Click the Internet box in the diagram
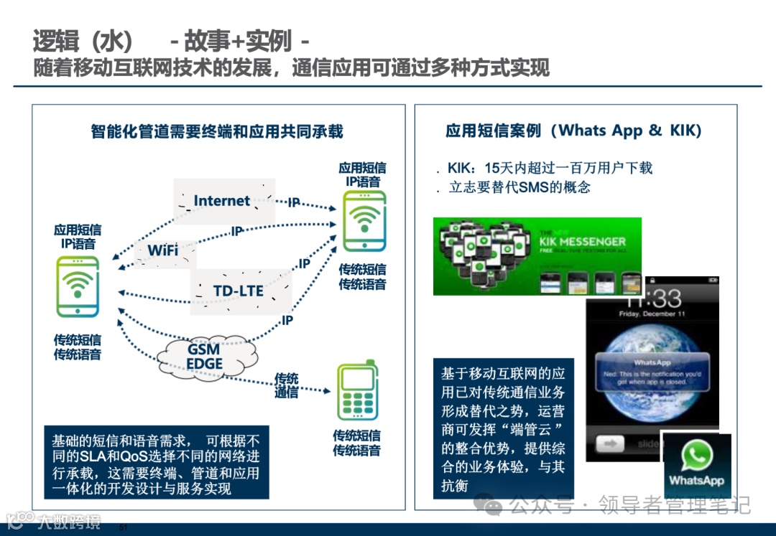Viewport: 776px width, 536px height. [223, 201]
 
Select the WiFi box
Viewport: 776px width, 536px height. [163, 251]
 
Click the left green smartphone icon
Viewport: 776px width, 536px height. [78, 287]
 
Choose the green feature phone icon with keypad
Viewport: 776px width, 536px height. [357, 392]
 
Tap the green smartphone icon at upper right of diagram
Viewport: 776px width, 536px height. [364, 220]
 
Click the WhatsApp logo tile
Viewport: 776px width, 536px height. [696, 465]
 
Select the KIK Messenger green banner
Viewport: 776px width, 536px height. [537, 256]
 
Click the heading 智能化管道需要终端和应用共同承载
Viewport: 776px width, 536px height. [217, 131]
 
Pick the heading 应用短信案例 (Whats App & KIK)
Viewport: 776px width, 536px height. [573, 131]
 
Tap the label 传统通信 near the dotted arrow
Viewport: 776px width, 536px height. [286, 385]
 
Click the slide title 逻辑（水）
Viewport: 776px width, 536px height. [83, 41]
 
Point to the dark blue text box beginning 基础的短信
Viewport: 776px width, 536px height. [156, 464]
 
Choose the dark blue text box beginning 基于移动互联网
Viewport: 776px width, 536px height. [503, 429]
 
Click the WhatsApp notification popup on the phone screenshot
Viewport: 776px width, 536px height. [652, 373]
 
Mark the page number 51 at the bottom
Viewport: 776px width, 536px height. [122, 528]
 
